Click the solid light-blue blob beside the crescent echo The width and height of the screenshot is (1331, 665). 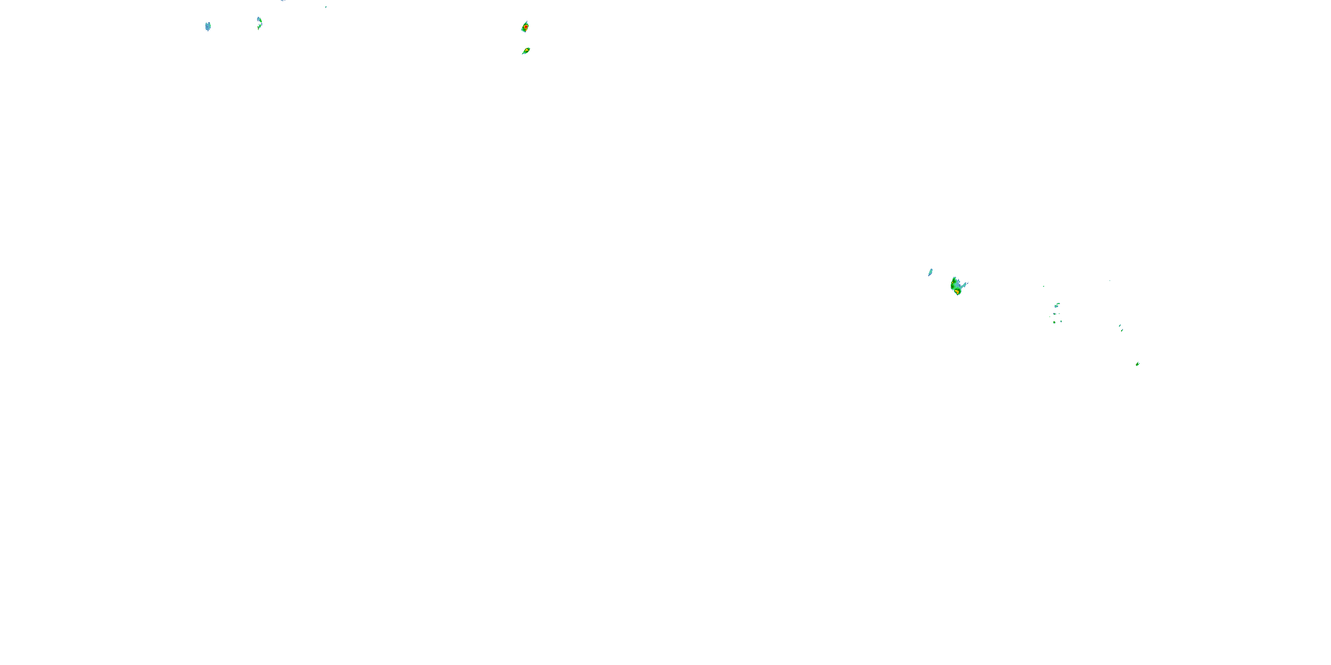[x=208, y=26]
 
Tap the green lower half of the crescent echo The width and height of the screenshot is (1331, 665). [x=260, y=25]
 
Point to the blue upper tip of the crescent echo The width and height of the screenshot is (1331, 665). [x=258, y=19]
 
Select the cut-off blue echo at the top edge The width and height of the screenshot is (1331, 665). [x=283, y=0]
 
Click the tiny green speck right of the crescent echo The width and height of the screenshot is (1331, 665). [x=326, y=7]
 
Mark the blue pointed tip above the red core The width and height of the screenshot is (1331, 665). [x=527, y=22]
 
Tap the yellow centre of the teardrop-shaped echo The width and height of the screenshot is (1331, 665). [x=526, y=51]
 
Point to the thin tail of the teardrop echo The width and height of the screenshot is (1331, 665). [x=523, y=53]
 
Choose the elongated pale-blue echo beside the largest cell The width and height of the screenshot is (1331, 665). [x=930, y=272]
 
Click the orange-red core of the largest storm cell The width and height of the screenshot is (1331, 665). [x=957, y=292]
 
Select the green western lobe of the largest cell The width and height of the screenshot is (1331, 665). [x=953, y=284]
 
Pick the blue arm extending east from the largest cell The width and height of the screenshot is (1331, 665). [x=964, y=285]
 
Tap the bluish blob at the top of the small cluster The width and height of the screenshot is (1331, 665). [x=1057, y=305]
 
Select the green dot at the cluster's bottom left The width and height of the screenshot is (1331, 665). [x=1054, y=322]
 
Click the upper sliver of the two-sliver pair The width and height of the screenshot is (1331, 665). [x=1120, y=325]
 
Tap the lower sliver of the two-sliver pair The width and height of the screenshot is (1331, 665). [x=1122, y=329]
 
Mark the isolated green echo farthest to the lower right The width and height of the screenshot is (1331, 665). [x=1138, y=364]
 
